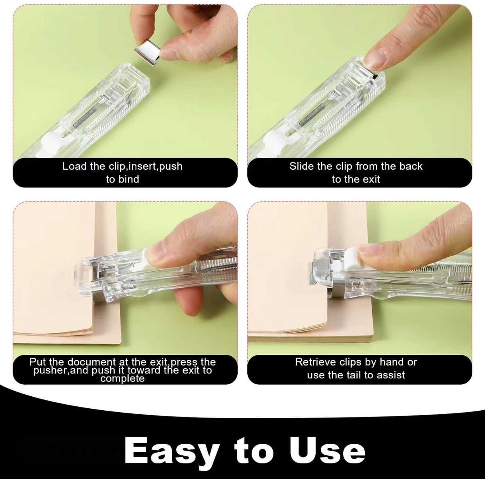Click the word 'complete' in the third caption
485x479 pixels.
[x=122, y=378]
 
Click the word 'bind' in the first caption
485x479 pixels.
[x=128, y=179]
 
